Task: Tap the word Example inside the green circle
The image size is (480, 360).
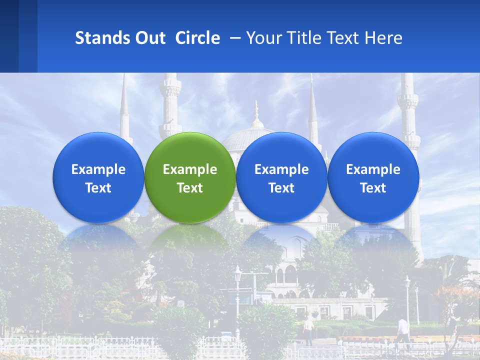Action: [190, 169]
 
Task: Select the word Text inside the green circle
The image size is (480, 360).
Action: [190, 188]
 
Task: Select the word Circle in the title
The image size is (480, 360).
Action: [197, 38]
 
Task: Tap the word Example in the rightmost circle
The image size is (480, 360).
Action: [373, 169]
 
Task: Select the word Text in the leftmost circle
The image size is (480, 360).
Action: [98, 188]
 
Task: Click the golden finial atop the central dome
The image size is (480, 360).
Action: [256, 112]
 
